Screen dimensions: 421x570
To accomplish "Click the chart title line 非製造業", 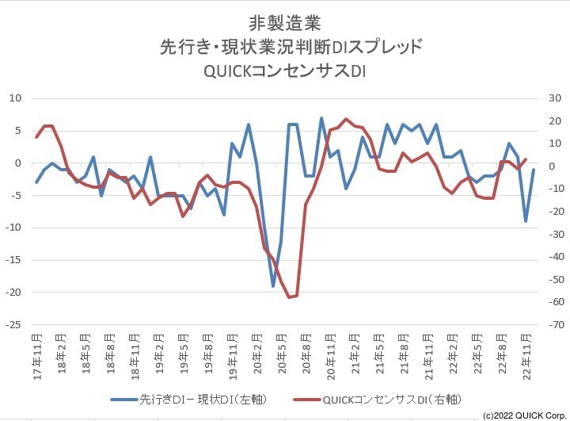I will pos(284,21).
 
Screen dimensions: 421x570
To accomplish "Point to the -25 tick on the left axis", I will pos(13,325).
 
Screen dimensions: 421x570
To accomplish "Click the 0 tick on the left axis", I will pos(18,163).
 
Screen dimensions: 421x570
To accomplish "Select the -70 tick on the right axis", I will pos(557,325).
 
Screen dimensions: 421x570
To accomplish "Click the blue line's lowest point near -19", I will pos(273,285).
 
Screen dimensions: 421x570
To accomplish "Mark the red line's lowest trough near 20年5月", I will pos(290,297).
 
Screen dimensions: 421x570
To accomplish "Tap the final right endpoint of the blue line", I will pos(534,170).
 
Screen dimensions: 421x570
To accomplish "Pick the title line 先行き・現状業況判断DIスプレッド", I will pos(284,46).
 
